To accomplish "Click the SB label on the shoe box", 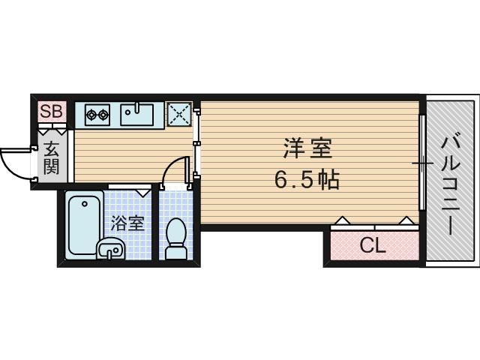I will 52,112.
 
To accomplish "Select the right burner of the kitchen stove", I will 104,115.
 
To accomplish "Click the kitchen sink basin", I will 138,115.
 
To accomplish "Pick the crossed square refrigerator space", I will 178,115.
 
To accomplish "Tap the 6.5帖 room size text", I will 307,180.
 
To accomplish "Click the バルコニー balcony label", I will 451,184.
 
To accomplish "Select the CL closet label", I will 372,245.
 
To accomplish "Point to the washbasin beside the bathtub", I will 110,247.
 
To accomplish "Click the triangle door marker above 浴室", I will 145,191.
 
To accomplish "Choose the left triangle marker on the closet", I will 340,220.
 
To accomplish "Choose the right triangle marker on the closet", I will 406,220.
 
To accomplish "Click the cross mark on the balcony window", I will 422,162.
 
